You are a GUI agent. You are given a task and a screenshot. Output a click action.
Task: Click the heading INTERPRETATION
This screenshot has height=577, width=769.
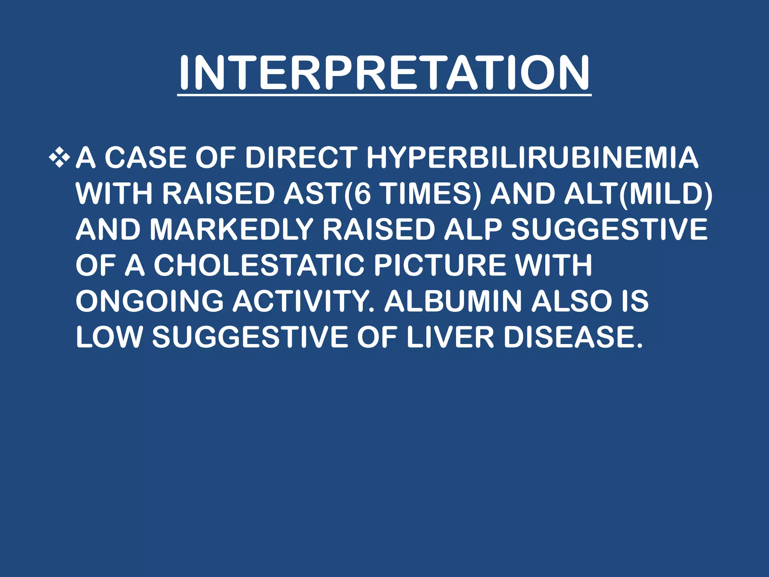[384, 73]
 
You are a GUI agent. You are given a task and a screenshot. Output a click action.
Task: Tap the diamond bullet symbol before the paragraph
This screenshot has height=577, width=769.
[59, 157]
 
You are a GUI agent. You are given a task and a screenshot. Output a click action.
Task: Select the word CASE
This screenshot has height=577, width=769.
[145, 157]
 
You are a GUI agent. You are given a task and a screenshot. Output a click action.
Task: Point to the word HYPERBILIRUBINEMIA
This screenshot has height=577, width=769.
[532, 157]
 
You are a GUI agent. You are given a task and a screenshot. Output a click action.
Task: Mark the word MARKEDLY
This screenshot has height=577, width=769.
[231, 230]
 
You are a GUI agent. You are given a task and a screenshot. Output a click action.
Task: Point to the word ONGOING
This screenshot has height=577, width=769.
[149, 301]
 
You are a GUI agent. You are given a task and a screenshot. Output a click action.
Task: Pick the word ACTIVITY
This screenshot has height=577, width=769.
[303, 301]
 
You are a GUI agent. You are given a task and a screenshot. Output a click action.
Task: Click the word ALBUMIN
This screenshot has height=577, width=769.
[453, 301]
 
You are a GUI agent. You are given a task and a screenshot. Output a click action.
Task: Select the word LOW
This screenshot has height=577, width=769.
[109, 337]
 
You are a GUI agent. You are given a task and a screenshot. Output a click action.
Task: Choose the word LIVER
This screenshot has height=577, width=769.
[450, 337]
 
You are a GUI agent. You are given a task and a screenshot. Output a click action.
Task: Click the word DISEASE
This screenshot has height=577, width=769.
[572, 337]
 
